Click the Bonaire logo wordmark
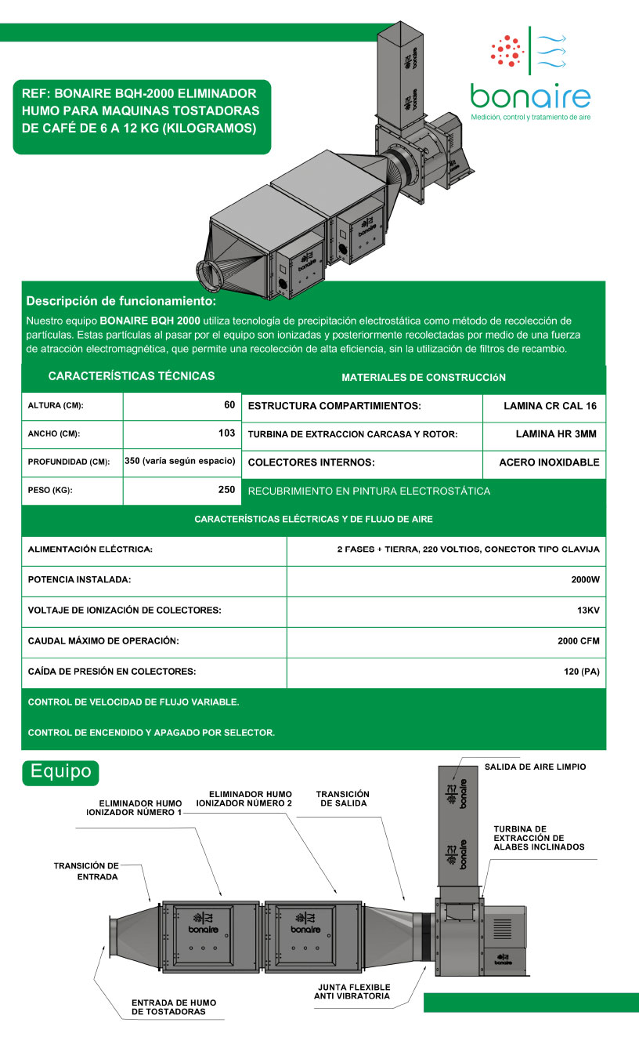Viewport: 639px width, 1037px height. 530,96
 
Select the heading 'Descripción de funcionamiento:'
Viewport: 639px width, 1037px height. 121,301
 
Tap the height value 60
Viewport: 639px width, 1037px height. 229,405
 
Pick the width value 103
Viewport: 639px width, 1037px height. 227,433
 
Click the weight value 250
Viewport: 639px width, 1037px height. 227,490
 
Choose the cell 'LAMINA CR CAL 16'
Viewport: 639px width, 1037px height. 551,406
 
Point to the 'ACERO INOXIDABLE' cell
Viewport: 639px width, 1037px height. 549,462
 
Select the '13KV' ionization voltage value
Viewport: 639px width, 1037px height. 588,610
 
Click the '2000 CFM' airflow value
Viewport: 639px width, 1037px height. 579,641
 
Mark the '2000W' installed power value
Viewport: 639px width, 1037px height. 586,580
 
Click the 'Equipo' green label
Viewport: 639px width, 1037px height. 60,771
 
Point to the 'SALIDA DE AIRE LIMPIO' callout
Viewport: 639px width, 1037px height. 535,767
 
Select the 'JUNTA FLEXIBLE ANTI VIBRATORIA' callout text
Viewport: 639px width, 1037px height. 354,992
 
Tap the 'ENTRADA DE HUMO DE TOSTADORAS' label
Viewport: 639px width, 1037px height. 173,1007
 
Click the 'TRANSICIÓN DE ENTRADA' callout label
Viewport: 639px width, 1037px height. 86,871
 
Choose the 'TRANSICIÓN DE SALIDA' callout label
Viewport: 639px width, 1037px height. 342,799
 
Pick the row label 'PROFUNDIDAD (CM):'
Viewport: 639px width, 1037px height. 69,462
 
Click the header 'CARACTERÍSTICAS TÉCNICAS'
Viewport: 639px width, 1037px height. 132,376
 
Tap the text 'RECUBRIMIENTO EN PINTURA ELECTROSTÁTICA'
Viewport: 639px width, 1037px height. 369,491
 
